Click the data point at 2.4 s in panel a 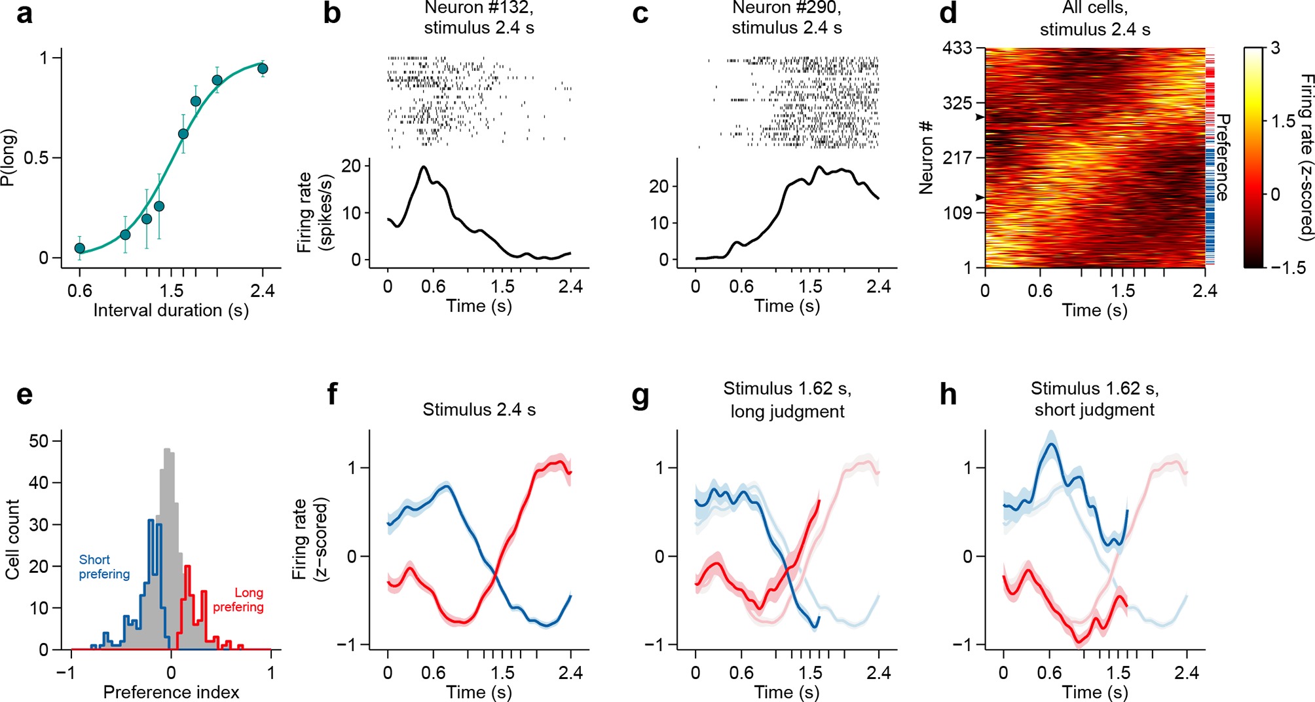[263, 69]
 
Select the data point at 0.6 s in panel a [80, 248]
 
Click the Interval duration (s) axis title [171, 310]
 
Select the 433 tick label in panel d [957, 49]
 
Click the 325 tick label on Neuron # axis [957, 103]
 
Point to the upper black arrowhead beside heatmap [980, 117]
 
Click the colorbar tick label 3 [1274, 49]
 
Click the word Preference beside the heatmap [1222, 157]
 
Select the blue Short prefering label [104, 567]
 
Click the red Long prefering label [238, 600]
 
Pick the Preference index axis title [171, 692]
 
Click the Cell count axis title [12, 539]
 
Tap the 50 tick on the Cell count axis [39, 441]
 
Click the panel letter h [948, 395]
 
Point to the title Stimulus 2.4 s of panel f [479, 410]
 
